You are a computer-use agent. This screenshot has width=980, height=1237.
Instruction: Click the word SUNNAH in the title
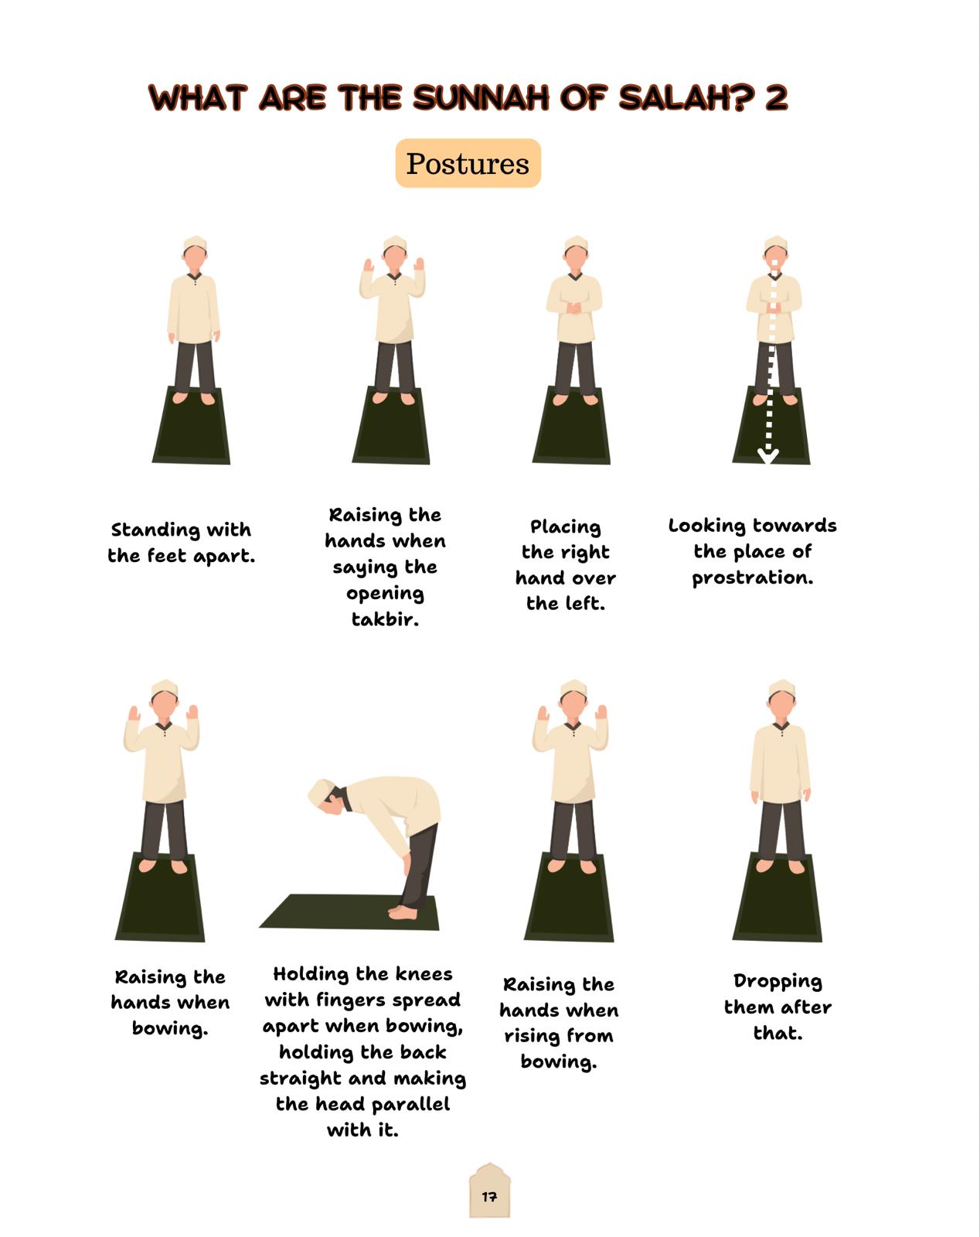(481, 97)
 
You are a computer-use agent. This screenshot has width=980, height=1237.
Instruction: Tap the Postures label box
(468, 163)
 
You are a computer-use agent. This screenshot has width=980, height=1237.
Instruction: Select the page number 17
(489, 1197)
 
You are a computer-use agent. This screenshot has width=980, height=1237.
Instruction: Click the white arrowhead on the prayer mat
(768, 455)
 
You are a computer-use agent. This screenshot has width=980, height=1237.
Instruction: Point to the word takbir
(385, 619)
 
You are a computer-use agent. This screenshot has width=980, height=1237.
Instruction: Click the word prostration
(752, 578)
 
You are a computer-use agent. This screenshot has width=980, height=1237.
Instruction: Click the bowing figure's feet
(403, 912)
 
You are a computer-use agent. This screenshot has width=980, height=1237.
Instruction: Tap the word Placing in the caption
(565, 527)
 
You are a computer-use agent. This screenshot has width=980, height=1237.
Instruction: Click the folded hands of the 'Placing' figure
(573, 308)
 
